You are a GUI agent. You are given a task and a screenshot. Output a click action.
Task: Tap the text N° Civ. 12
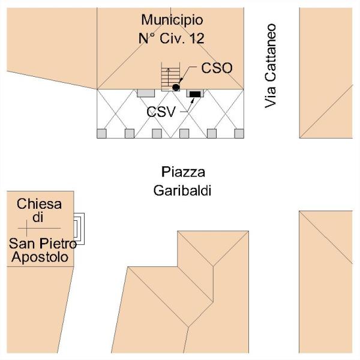170,38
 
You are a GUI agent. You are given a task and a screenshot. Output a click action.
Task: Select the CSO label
217,68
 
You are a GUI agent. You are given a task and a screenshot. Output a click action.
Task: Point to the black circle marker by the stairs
176,88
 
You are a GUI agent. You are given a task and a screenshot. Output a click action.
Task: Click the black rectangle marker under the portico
195,94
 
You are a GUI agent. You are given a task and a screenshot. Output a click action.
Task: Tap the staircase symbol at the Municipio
169,78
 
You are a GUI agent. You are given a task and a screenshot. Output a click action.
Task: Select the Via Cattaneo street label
271,65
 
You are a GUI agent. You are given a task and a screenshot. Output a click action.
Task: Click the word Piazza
184,172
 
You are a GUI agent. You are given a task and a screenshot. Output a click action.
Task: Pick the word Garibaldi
184,191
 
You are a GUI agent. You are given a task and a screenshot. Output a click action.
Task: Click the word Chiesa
39,203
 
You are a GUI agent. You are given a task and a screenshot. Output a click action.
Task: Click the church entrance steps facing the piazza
79,228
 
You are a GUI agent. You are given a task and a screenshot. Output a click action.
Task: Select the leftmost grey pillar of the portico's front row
102,133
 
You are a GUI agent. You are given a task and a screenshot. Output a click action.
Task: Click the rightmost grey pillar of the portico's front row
238,133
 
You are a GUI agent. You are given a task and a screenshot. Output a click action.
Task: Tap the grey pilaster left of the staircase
145,93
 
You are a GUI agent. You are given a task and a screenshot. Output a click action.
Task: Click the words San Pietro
42,244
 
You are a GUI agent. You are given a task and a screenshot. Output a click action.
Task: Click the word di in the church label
37,218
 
